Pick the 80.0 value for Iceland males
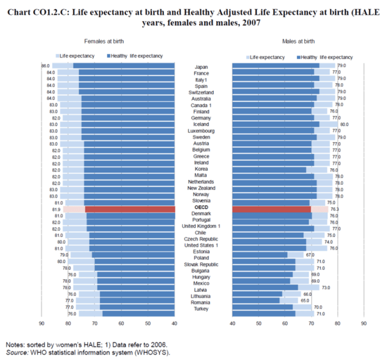coord(344,124)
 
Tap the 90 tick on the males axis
coord(363,323)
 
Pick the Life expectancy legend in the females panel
coord(78,55)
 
